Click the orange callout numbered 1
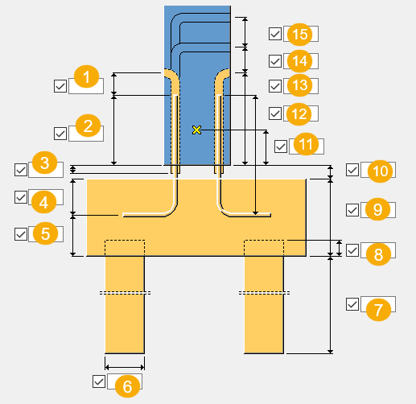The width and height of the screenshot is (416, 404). [86, 76]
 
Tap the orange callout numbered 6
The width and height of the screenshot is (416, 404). [127, 386]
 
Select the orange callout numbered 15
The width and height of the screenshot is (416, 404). [299, 35]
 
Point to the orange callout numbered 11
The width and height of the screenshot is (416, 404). [306, 144]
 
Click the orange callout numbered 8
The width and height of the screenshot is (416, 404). [378, 254]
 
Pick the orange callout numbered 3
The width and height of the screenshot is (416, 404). [44, 163]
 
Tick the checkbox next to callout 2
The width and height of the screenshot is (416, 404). [60, 134]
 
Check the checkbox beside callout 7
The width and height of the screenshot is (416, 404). [352, 304]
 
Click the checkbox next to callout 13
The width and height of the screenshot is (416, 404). [275, 86]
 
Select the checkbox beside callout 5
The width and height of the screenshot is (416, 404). [21, 234]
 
